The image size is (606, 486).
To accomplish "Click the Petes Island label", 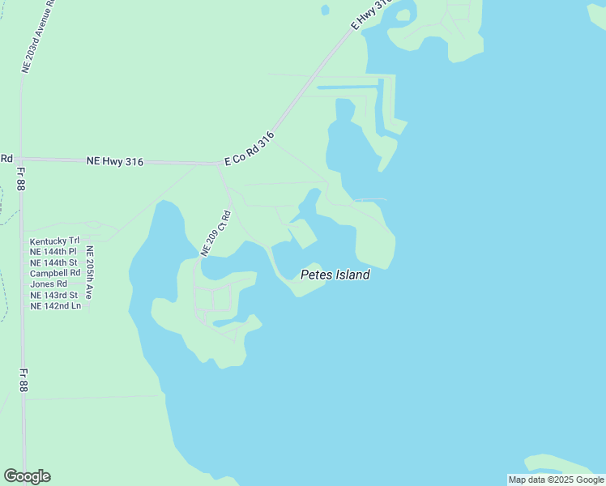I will pyautogui.click(x=335, y=275).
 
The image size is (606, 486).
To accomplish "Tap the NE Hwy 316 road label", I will pyautogui.click(x=114, y=162).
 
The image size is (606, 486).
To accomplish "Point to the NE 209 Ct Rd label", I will pyautogui.click(x=216, y=233).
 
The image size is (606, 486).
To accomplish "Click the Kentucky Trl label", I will pyautogui.click(x=55, y=241).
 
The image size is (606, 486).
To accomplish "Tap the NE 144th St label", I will pyautogui.click(x=54, y=262).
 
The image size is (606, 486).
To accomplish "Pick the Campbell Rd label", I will pyautogui.click(x=55, y=273).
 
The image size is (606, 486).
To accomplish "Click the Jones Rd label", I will pyautogui.click(x=49, y=284).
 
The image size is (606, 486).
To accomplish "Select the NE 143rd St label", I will pyautogui.click(x=54, y=295).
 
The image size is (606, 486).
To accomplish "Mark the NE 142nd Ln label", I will pyautogui.click(x=55, y=305).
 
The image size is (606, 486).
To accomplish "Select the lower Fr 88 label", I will pyautogui.click(x=23, y=381).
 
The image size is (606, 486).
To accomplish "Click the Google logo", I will pyautogui.click(x=27, y=476).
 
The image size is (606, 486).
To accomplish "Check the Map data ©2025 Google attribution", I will pyautogui.click(x=557, y=480).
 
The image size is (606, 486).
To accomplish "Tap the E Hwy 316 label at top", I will pyautogui.click(x=372, y=15).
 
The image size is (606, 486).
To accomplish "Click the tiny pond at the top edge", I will pyautogui.click(x=325, y=10).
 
